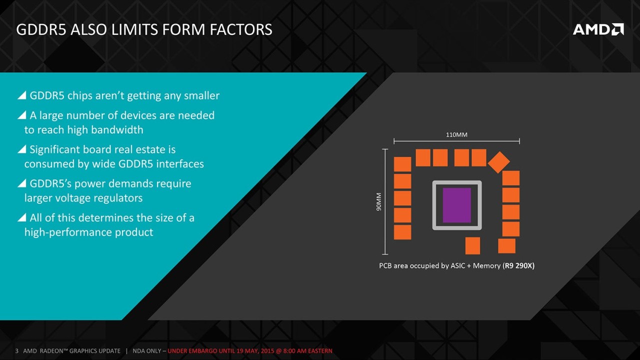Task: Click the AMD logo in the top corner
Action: (598, 29)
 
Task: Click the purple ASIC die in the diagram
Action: (457, 205)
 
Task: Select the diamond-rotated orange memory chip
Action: (498, 162)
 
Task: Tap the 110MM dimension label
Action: (456, 134)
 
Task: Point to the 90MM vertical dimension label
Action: (378, 201)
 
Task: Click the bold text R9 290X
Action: (518, 265)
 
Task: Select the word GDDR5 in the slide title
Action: (41, 29)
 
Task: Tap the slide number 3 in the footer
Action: (17, 351)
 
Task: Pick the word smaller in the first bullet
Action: (201, 95)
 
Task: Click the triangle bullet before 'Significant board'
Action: (22, 149)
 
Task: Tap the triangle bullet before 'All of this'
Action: (22, 217)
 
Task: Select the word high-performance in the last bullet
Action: (68, 232)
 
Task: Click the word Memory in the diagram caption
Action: (486, 265)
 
